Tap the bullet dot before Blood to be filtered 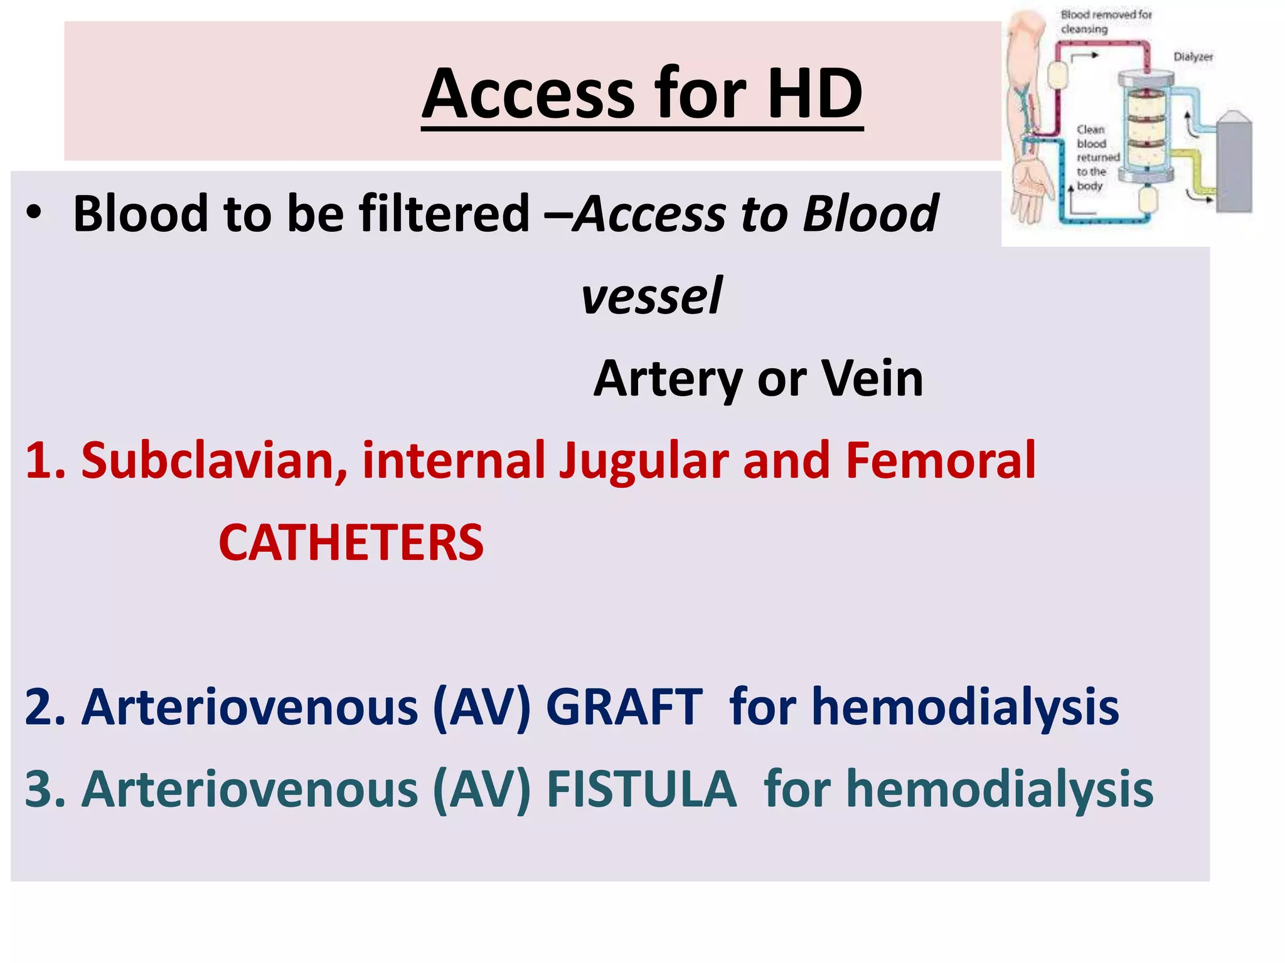point(34,213)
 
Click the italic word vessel point(651,296)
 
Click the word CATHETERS point(351,543)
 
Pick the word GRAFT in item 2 point(624,707)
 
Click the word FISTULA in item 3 point(641,789)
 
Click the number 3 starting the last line point(38,789)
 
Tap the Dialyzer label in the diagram point(1193,57)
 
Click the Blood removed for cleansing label point(1106,21)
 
